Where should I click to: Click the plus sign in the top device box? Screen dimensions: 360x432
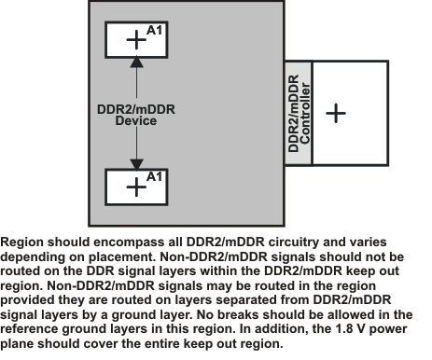click(x=136, y=39)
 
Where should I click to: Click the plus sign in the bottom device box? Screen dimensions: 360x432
click(x=136, y=186)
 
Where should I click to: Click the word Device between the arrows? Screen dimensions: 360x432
click(x=136, y=120)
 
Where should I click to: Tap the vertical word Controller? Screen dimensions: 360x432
click(x=304, y=113)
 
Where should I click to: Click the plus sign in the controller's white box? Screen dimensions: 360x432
click(x=335, y=113)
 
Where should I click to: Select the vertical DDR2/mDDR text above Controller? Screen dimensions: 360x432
click(x=292, y=113)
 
